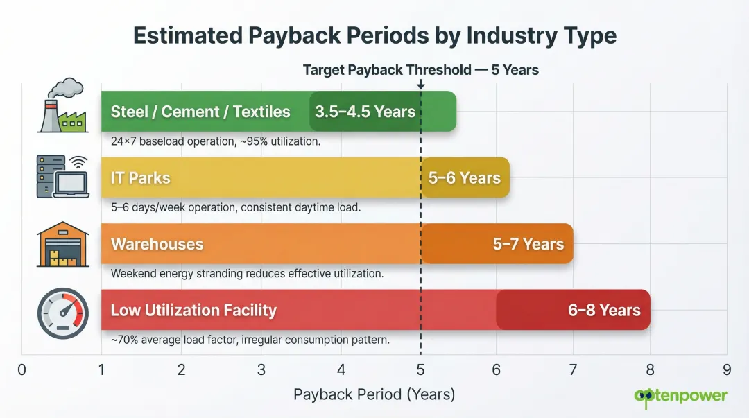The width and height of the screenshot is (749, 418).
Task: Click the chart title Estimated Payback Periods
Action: coord(374,35)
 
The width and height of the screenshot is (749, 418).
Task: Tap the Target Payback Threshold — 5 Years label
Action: coord(420,70)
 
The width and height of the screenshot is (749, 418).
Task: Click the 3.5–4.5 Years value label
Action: coord(365,112)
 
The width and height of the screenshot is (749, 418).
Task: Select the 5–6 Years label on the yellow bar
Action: coord(464,178)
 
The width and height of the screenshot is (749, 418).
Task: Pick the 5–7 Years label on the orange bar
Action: coord(528,244)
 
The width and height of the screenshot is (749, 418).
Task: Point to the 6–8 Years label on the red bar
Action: coord(604,310)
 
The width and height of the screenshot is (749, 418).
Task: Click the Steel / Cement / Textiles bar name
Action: coord(200,112)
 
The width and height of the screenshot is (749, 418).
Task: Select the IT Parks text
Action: coord(140,178)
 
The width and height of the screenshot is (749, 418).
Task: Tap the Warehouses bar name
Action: coord(157,244)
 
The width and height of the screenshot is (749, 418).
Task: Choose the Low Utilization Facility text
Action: coord(193,310)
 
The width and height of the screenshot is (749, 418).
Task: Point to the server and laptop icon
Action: coord(62,176)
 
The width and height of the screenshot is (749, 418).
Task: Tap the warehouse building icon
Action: coord(62,245)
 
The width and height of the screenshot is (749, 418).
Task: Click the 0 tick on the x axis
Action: coord(22,370)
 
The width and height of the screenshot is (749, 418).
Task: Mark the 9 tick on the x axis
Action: coord(726,370)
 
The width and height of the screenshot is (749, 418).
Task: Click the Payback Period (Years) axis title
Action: coord(374,394)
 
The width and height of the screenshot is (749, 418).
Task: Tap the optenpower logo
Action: coord(680,396)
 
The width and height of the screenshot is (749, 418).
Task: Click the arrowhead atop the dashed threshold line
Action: coord(421,85)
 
